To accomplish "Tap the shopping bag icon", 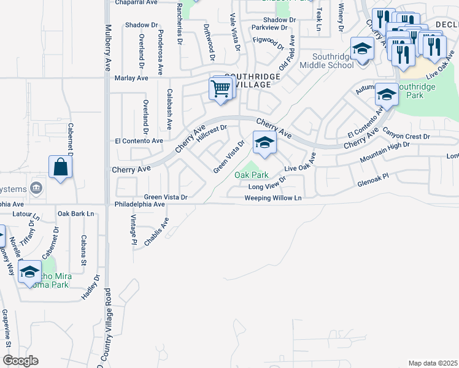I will click(61, 167).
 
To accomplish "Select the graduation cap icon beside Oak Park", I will click(264, 144).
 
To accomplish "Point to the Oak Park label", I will click(251, 175).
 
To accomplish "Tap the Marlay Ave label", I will click(131, 79).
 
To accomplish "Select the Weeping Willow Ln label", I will click(274, 198).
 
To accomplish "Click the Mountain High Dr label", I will click(384, 151).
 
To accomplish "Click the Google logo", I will click(20, 361).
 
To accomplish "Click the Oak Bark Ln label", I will click(76, 213).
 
